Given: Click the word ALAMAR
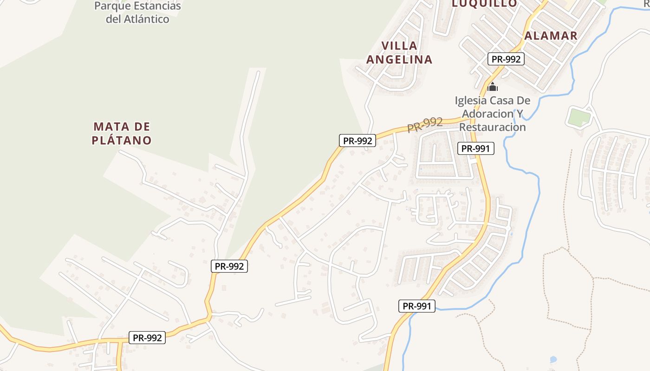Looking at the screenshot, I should pyautogui.click(x=551, y=36).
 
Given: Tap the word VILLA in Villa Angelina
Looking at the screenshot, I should pyautogui.click(x=399, y=46).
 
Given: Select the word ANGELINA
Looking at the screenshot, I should pyautogui.click(x=399, y=59).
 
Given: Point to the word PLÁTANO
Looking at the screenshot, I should pyautogui.click(x=122, y=140).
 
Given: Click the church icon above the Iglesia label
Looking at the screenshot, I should pyautogui.click(x=493, y=87).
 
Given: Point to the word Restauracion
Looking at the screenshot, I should pyautogui.click(x=492, y=127).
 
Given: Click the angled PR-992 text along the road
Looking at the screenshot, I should pyautogui.click(x=425, y=124).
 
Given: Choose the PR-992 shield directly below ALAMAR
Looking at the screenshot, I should pyautogui.click(x=506, y=59).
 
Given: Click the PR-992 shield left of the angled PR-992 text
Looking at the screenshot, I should pyautogui.click(x=357, y=141).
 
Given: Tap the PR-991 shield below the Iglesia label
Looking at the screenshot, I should pyautogui.click(x=475, y=148).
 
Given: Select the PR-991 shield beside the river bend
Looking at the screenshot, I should pyautogui.click(x=417, y=306).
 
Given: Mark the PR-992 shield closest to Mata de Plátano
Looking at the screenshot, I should pyautogui.click(x=229, y=266).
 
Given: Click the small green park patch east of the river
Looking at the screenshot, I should pyautogui.click(x=578, y=116).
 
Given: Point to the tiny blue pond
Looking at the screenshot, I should pyautogui.click(x=553, y=359).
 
